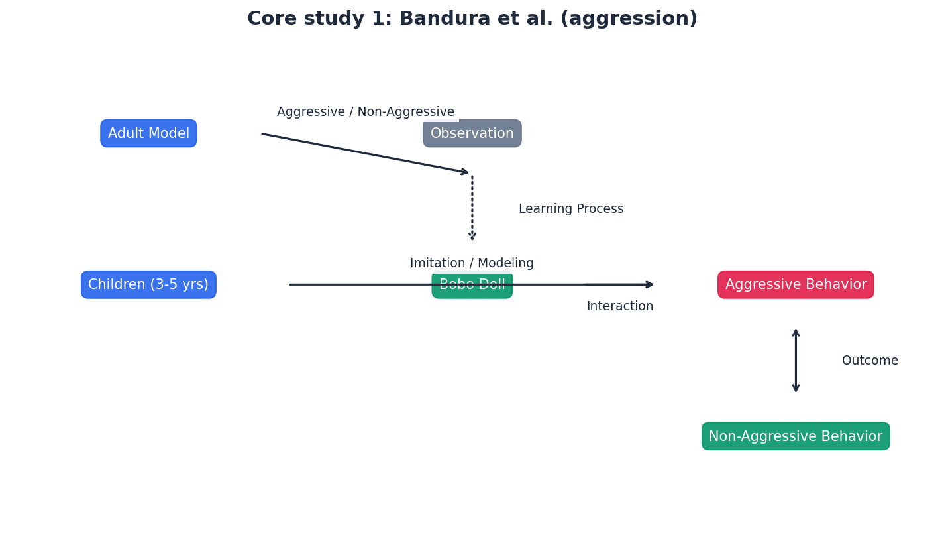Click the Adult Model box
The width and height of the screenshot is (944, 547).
point(148,133)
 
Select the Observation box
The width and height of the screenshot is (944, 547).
point(472,134)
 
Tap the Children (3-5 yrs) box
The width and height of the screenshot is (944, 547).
point(148,285)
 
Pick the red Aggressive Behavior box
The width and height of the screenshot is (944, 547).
point(796,285)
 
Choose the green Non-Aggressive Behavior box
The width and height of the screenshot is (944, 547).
point(796,436)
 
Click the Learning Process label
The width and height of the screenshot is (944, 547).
point(571,209)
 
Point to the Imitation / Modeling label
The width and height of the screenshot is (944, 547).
point(472,263)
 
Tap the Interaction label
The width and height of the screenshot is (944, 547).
point(619,306)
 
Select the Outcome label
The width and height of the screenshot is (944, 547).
point(870,361)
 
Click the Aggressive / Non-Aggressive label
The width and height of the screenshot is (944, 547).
point(366,112)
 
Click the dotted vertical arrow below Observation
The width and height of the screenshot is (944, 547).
point(472,206)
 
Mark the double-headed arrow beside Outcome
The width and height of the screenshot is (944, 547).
point(796,361)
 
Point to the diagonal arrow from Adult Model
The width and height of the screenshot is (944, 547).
point(364,153)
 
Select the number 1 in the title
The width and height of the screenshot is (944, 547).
point(377,19)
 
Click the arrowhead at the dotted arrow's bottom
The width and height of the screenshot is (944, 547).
point(472,235)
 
